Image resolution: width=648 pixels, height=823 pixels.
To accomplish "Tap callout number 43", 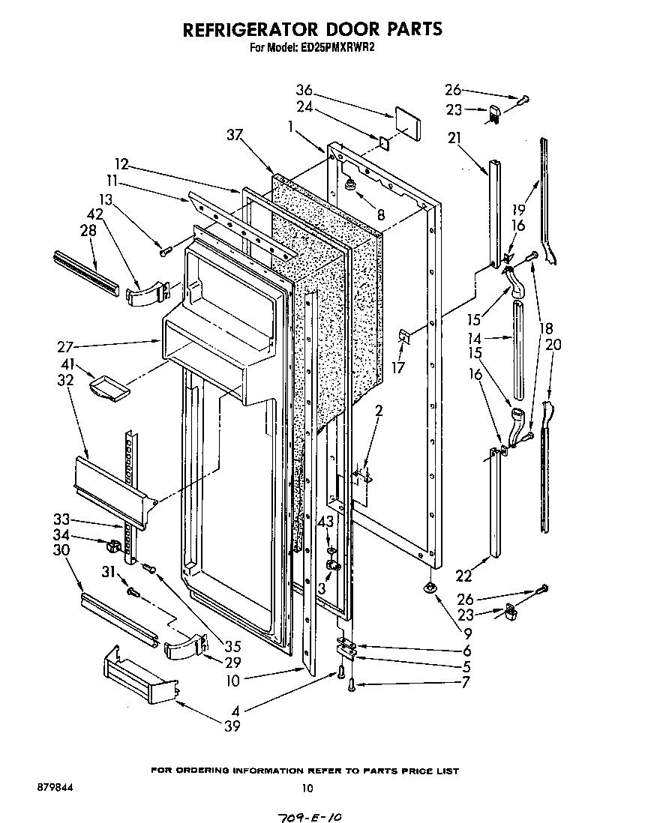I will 325,522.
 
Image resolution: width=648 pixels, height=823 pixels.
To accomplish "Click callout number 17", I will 399,368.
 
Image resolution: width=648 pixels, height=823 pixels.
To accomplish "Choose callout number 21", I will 454,138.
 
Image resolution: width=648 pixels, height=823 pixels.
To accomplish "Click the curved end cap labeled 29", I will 184,645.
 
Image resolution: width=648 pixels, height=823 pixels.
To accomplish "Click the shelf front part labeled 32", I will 112,487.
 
